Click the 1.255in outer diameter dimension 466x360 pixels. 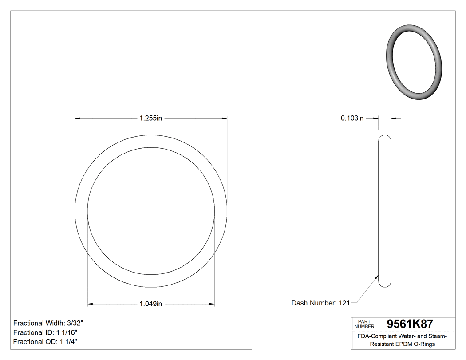(151, 118)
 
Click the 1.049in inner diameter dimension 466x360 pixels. (151, 304)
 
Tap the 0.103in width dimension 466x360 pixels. (352, 118)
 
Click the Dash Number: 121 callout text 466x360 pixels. (320, 303)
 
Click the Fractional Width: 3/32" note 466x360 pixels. (48, 323)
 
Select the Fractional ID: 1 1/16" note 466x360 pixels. (46, 332)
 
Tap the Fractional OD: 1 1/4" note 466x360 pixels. (46, 342)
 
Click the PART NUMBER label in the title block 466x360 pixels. (364, 324)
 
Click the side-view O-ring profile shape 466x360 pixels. (385, 211)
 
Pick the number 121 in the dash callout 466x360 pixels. (344, 303)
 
